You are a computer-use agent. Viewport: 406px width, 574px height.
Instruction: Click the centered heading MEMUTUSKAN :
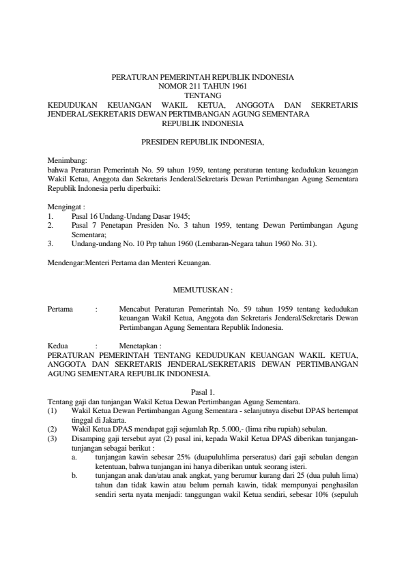coord(203,290)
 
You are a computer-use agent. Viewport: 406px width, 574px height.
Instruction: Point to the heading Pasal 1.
coord(203,393)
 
